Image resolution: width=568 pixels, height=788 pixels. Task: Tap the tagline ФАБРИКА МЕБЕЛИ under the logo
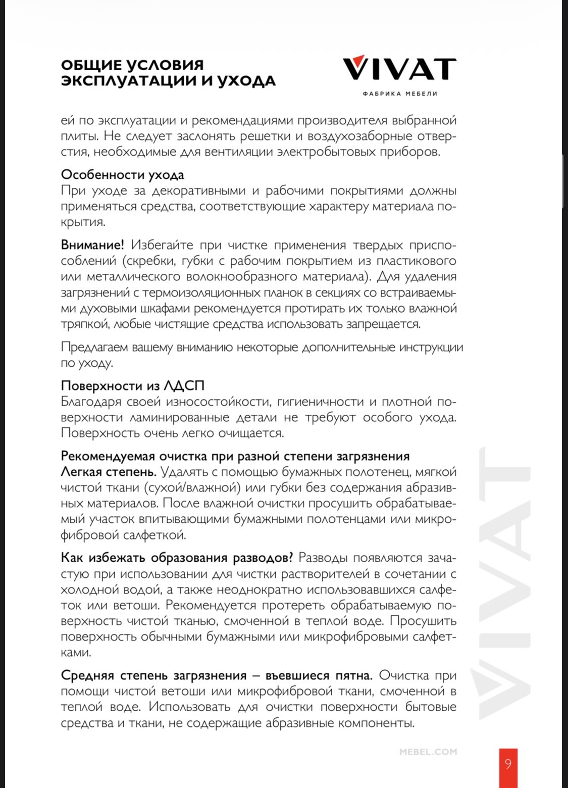point(400,93)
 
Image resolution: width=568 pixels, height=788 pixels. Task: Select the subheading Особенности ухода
point(122,175)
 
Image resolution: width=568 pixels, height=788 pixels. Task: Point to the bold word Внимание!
point(92,245)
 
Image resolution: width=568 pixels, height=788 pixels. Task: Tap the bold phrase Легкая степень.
point(108,472)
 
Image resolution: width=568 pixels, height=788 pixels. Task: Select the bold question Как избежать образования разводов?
point(177,558)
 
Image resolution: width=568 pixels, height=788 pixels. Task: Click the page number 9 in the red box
point(508,763)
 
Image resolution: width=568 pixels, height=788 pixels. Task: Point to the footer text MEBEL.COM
point(428,752)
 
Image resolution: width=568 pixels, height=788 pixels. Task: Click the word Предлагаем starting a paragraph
point(94,348)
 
